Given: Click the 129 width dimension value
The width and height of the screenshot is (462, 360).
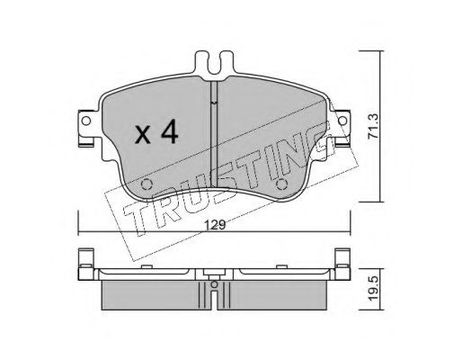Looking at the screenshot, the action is click(215, 225).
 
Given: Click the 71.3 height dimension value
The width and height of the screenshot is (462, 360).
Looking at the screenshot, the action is click(373, 126).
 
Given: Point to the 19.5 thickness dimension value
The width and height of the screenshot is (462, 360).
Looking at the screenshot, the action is click(374, 289).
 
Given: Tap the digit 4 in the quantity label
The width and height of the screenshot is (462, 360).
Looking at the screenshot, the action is click(169, 132).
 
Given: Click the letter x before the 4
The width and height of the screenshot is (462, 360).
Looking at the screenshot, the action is click(143, 135).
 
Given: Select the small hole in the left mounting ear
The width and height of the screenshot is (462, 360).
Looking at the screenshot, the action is click(86, 121).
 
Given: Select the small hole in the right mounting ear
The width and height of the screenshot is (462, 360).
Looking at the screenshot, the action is click(342, 121).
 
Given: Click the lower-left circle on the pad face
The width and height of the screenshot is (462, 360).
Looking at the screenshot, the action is click(146, 184).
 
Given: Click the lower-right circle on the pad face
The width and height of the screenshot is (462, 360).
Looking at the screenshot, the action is click(282, 184).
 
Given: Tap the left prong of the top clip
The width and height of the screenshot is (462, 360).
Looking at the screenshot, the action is click(202, 62).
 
